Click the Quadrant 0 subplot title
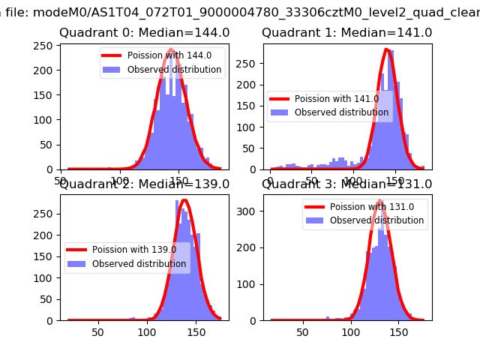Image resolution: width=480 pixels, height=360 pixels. point(144,33)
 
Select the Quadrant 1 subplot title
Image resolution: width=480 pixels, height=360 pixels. point(346,33)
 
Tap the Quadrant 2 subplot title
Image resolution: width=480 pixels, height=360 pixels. point(144,184)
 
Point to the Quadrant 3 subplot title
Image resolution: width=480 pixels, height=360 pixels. point(346,184)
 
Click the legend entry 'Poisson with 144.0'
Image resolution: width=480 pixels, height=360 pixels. point(169,55)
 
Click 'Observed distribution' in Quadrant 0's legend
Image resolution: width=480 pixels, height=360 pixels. point(174,70)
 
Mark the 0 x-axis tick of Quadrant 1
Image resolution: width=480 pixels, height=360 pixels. point(271,180)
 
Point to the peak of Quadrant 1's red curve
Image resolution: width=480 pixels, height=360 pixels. point(386,50)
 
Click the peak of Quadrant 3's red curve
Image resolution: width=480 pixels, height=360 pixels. point(379,200)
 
